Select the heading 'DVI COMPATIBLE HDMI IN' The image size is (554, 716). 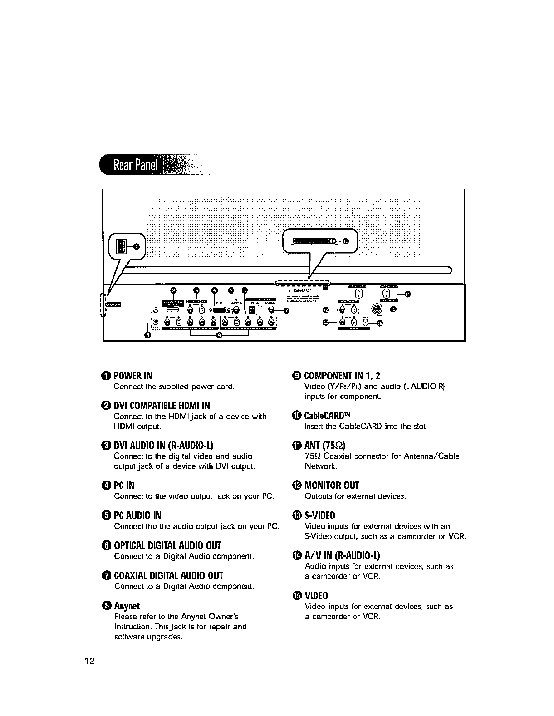(x=162, y=405)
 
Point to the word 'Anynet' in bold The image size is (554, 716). (x=127, y=606)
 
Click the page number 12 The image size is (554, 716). (x=89, y=661)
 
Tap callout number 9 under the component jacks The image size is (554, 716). (x=220, y=336)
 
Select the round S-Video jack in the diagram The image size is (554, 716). (x=376, y=309)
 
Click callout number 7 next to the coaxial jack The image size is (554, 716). (x=286, y=311)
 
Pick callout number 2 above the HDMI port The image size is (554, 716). (x=173, y=290)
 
